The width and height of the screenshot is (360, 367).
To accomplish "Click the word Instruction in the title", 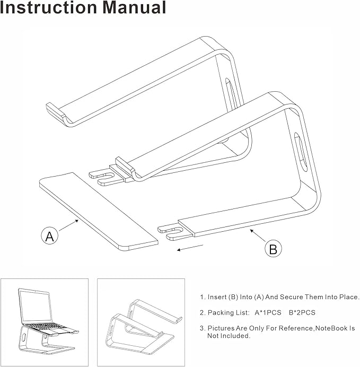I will coord(47,8).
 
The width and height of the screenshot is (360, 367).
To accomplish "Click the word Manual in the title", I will coord(133,8).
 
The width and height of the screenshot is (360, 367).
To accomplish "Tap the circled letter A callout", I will coord(49,237).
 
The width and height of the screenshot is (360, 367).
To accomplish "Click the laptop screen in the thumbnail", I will coord(34,304).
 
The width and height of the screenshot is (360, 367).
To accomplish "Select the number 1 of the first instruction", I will coord(201,297).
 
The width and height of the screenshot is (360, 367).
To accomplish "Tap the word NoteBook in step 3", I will coord(332,329).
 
